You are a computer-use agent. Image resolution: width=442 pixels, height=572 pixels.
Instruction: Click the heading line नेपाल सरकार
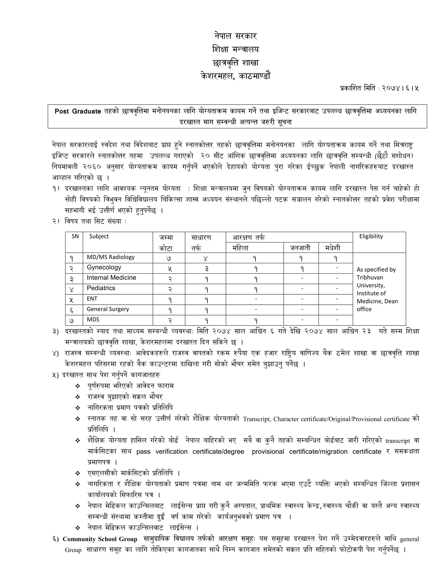(x=235, y=36)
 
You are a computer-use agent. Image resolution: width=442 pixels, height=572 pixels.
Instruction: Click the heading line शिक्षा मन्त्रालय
(x=235, y=49)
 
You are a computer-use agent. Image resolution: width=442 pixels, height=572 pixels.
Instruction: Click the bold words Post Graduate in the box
(x=77, y=111)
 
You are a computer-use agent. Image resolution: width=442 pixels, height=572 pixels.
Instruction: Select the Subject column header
(x=99, y=236)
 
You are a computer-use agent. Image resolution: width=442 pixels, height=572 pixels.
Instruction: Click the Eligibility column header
(x=371, y=236)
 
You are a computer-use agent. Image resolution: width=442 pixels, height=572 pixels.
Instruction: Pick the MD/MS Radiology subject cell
(x=110, y=257)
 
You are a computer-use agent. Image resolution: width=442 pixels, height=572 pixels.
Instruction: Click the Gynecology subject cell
(x=104, y=267)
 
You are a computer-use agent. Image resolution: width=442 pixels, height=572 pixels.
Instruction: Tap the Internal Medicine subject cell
(x=111, y=278)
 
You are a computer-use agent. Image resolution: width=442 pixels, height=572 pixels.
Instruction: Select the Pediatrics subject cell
(x=101, y=288)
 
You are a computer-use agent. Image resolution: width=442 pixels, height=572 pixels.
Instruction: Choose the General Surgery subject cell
(x=108, y=309)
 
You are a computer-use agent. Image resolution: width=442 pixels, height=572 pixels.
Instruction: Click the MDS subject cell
(x=93, y=320)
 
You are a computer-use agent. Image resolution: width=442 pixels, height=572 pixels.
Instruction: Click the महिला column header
(x=240, y=248)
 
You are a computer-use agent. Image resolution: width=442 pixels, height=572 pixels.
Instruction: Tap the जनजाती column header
(x=300, y=248)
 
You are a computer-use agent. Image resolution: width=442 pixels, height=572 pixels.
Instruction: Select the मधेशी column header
(x=333, y=248)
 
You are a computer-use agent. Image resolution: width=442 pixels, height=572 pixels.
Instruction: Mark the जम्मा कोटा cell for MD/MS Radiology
(x=169, y=258)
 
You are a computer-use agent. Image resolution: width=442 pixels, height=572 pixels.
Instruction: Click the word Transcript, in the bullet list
(x=257, y=419)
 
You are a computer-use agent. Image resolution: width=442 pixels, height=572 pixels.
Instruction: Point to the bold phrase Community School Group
(x=100, y=539)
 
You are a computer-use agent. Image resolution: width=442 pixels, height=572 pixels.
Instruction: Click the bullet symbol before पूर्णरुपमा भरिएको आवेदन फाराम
(x=78, y=386)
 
